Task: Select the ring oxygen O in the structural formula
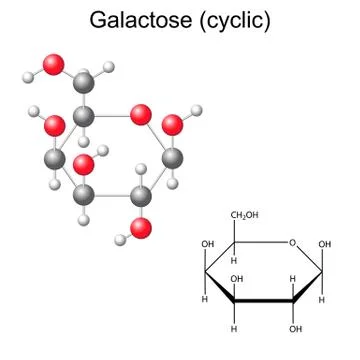(290, 243)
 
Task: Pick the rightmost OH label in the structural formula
(325, 243)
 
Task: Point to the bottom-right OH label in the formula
(295, 327)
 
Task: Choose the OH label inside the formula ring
(237, 279)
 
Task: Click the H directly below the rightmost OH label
(323, 299)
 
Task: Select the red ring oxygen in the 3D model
(142, 115)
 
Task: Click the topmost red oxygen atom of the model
(54, 66)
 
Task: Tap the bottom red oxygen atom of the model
(142, 229)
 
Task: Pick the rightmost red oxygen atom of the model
(173, 124)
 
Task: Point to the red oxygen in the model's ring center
(85, 163)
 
